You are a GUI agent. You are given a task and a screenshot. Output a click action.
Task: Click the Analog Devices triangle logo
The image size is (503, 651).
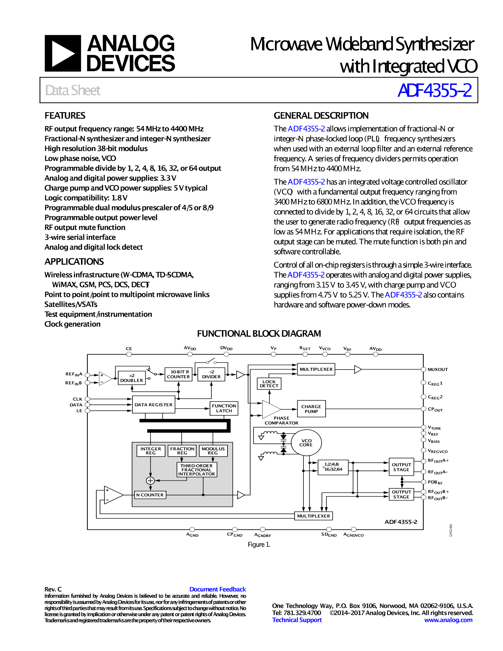coord(62,53)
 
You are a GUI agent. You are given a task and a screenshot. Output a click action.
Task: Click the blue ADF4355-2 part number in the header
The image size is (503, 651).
coord(434,90)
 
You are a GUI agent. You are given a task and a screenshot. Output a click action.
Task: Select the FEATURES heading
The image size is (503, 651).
coord(65,116)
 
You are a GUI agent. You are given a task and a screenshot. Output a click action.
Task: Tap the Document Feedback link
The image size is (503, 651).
coord(217,589)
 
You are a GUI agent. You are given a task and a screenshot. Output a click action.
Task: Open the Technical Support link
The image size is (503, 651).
coord(297,620)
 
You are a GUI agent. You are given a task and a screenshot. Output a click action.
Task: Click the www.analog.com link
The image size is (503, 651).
coord(448,620)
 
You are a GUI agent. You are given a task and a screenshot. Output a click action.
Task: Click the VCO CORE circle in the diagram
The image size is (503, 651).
coord(306,443)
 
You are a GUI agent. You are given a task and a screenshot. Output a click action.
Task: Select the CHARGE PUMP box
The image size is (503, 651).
coord(311,409)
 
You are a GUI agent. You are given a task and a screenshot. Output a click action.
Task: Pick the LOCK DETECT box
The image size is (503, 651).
coord(269,384)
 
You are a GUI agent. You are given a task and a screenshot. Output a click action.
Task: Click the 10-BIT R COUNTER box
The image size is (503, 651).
coord(178,374)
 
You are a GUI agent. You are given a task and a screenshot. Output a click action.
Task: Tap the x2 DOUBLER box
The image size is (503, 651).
coord(132,378)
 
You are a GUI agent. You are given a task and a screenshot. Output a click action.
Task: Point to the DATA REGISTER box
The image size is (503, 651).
coord(153,405)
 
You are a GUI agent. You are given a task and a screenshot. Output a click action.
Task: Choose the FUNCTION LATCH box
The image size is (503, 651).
coord(224,408)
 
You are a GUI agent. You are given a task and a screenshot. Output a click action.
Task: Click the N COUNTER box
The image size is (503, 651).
coord(150,495)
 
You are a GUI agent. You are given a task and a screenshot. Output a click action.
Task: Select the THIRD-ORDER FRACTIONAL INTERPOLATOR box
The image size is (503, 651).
coord(197,470)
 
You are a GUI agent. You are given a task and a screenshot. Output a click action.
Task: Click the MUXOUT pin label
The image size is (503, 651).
coord(438,370)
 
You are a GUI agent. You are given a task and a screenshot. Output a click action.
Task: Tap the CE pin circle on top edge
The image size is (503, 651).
coord(129,354)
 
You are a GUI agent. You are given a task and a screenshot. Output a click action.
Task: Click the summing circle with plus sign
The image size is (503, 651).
coord(150,481)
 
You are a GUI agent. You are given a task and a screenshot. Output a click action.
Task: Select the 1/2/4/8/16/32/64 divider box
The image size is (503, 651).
coord(333,467)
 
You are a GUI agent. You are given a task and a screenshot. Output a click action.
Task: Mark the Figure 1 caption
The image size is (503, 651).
coord(259,544)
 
